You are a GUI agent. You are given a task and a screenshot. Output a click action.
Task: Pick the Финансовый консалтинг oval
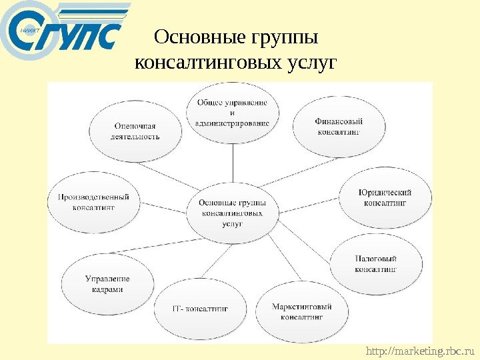(x=339, y=127)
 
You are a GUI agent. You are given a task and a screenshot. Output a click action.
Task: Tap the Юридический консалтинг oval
(x=385, y=197)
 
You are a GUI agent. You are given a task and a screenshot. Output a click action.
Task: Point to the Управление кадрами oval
(x=107, y=285)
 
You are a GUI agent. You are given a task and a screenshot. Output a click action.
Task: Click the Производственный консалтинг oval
(x=93, y=202)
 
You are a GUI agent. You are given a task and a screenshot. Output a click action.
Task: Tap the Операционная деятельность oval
(x=136, y=131)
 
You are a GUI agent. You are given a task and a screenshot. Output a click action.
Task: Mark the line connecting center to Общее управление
(x=232, y=163)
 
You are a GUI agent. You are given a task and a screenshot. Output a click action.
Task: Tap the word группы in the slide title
(x=284, y=38)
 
